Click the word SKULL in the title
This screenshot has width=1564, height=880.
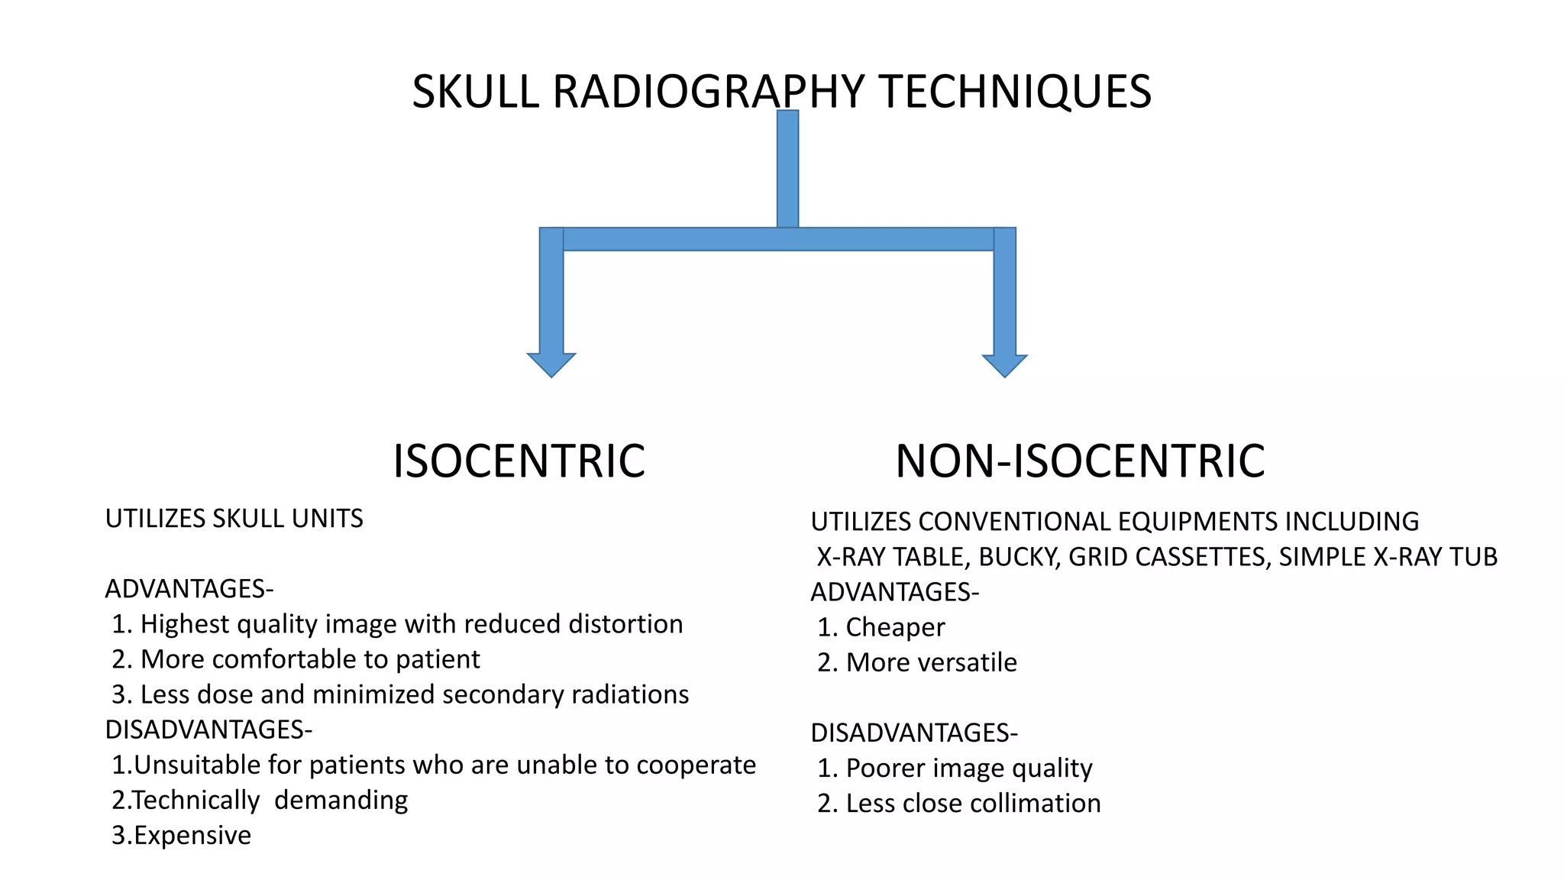point(476,92)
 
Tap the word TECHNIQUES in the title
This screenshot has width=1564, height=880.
point(1015,92)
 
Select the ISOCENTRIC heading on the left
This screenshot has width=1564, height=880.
point(519,461)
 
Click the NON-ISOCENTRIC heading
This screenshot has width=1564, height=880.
point(1080,461)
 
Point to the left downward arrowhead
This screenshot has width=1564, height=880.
point(551,364)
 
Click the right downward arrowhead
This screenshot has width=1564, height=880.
point(1004,365)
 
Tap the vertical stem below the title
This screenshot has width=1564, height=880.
point(787,168)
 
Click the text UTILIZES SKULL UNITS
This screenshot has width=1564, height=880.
point(234,519)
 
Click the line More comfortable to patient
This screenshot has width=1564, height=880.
point(296,659)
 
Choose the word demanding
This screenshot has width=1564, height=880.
point(341,800)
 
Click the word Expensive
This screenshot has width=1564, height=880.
point(192,835)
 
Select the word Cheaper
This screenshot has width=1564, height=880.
point(895,627)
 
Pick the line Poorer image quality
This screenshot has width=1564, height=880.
point(955,768)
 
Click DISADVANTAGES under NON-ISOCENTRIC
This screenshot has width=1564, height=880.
point(913,733)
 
